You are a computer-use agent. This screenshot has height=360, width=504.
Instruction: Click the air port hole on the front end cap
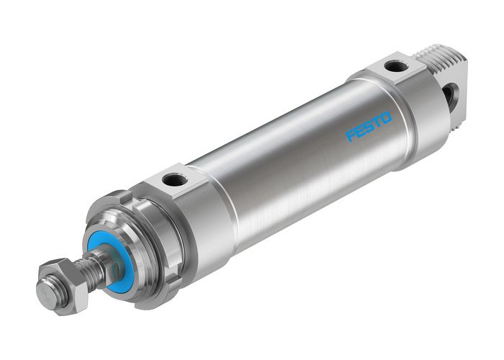tap(176, 179)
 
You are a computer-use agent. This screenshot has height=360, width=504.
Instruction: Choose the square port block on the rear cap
tap(395, 70)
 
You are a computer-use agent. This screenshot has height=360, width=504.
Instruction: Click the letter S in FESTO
tap(368, 127)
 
